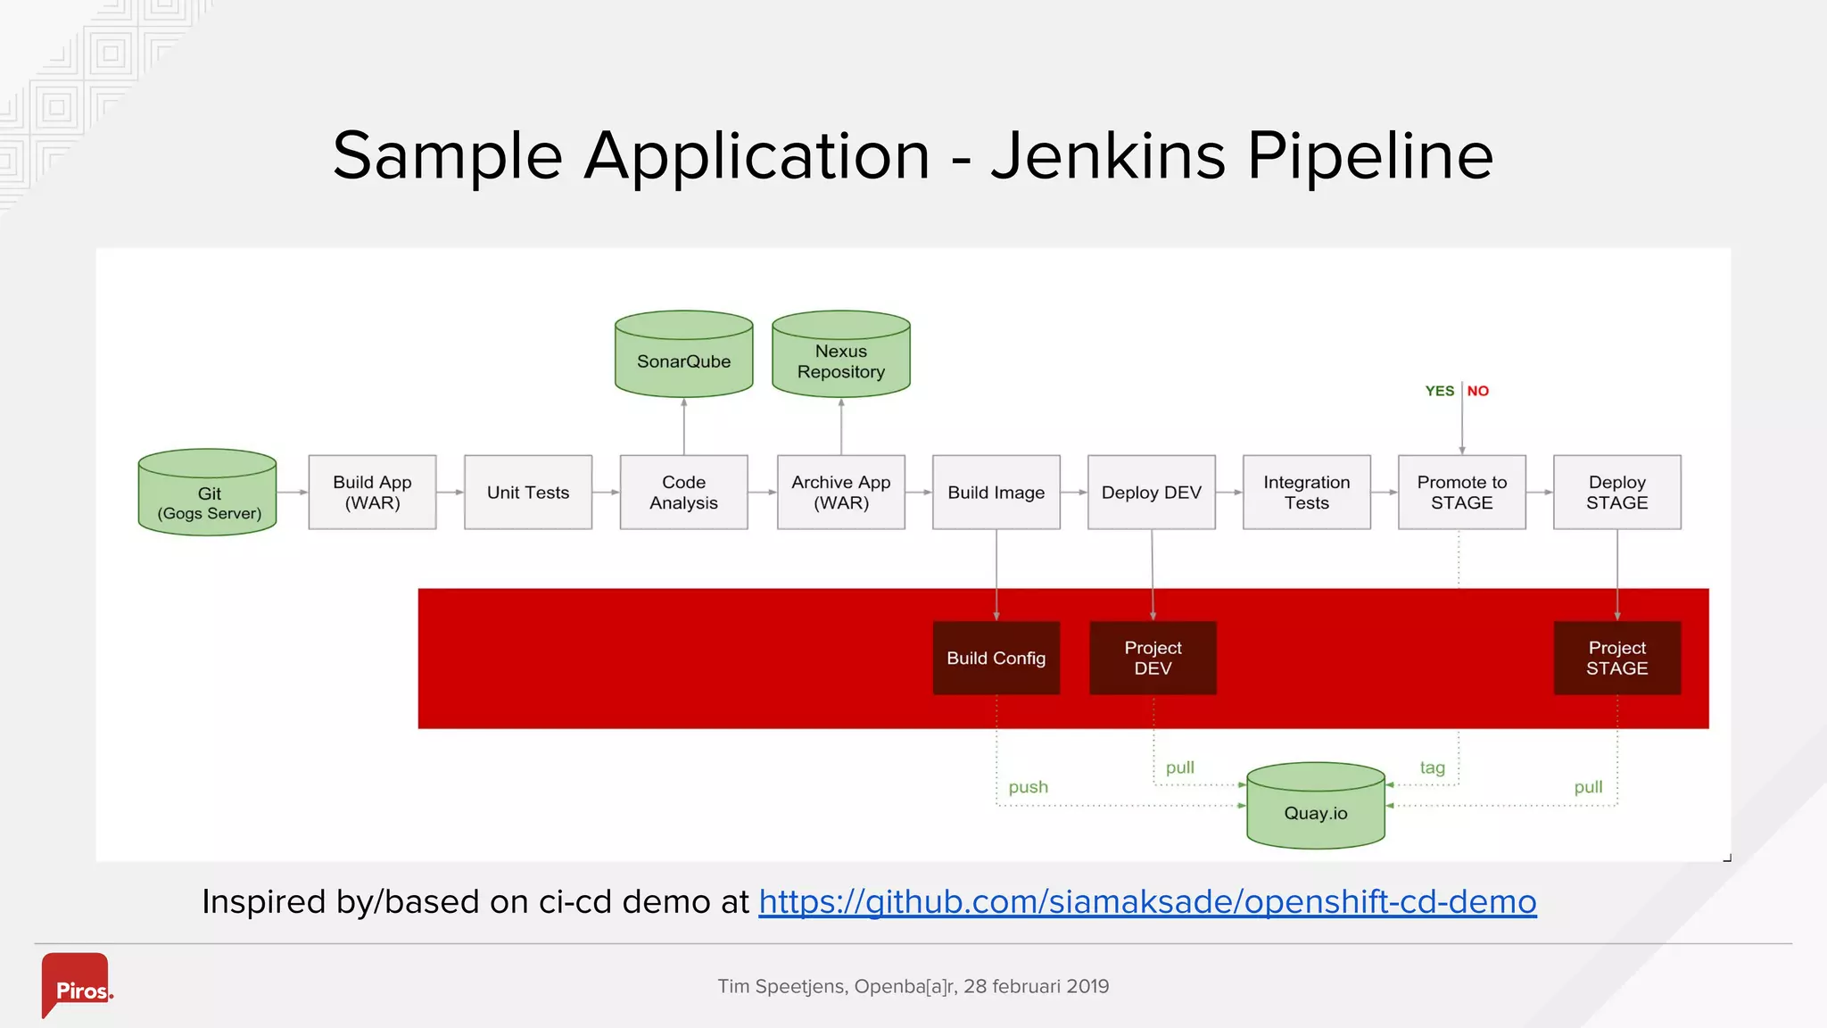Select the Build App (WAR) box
tap(372, 493)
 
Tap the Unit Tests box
tap(528, 493)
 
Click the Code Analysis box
tap(683, 493)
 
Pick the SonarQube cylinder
tap(683, 357)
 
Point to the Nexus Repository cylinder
tap(840, 357)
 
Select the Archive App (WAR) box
tap(840, 493)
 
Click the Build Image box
tap(996, 493)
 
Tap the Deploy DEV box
tap(1151, 493)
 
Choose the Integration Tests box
tap(1306, 493)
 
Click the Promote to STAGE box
tap(1461, 493)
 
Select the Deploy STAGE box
tap(1616, 493)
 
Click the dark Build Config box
tap(996, 659)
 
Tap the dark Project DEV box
tap(1153, 659)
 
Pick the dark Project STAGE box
tap(1616, 659)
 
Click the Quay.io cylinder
tap(1315, 808)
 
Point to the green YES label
tap(1439, 391)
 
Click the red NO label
tap(1478, 391)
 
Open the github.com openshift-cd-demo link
tap(1147, 902)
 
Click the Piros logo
tap(77, 985)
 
